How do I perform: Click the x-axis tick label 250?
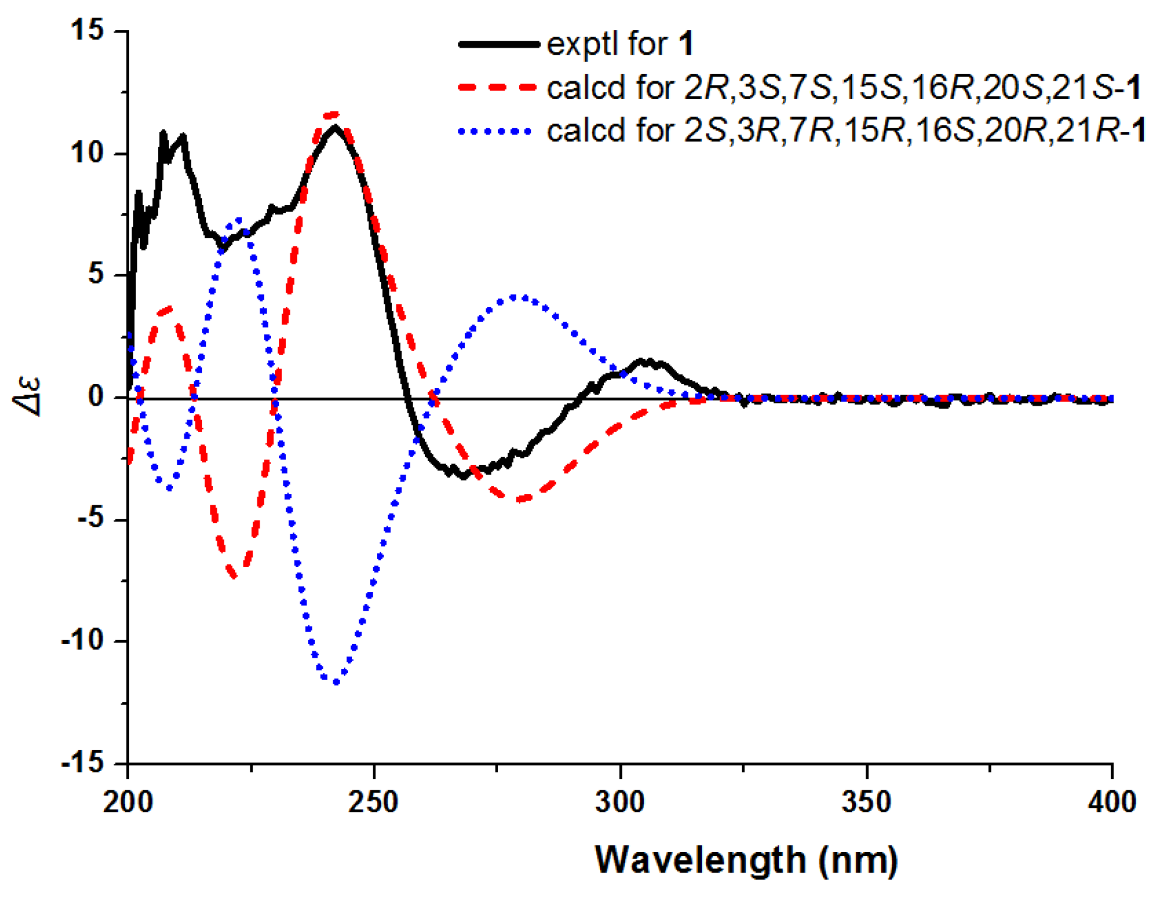[373, 802]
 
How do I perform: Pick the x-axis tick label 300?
[620, 802]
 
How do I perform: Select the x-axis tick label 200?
[128, 802]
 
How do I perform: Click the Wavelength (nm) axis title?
[746, 860]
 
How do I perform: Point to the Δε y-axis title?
[28, 397]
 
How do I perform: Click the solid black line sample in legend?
[498, 45]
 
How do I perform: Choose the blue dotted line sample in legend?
[498, 131]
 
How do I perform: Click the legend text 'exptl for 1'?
[619, 45]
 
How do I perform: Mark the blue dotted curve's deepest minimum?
[336, 682]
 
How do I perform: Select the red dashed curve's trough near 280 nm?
[518, 499]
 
